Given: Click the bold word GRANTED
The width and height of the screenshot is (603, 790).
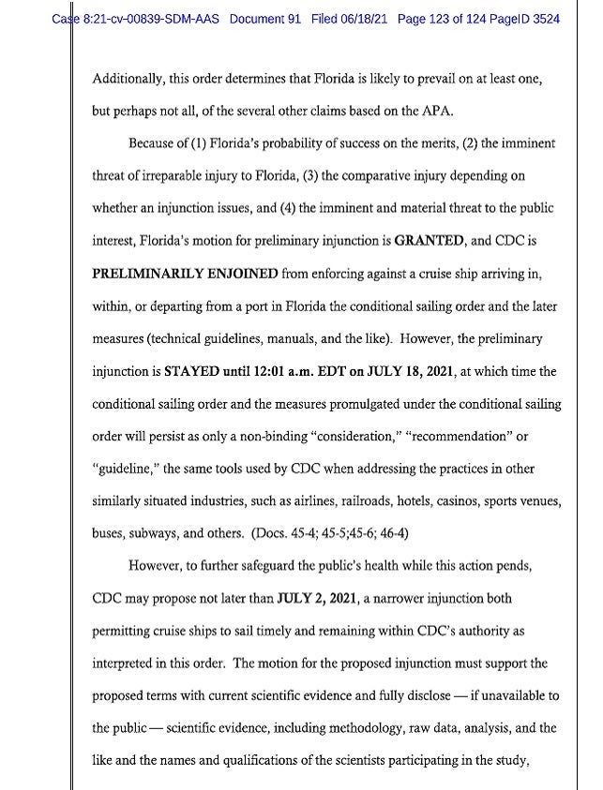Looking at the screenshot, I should pos(430,240).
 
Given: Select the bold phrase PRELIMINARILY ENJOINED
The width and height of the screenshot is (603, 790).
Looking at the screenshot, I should pos(186,273).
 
